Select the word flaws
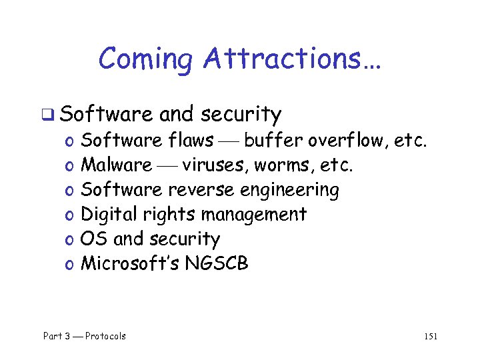coord(191,140)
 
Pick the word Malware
coord(116,165)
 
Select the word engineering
coord(289,191)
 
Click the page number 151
coord(431,337)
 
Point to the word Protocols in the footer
coord(105,336)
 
